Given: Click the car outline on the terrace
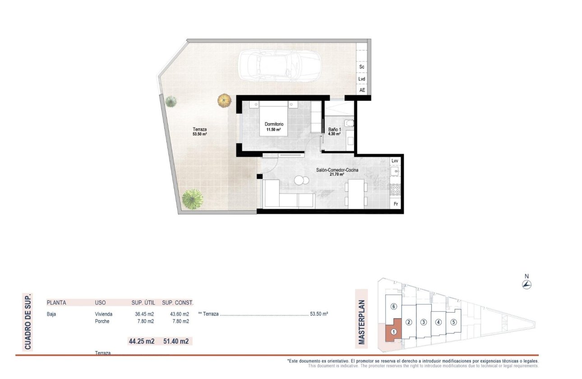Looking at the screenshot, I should [x=279, y=65].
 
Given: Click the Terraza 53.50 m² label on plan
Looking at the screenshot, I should [x=199, y=131].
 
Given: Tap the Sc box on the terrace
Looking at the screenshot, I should [x=362, y=67].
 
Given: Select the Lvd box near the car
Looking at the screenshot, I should [x=362, y=79].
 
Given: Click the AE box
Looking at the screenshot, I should [x=362, y=90].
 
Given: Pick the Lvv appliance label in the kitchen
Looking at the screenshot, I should [x=395, y=161].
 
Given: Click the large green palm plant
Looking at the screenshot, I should [x=193, y=199].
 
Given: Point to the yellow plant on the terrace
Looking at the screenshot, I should [x=224, y=100].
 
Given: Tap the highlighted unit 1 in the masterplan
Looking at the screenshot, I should [x=393, y=332].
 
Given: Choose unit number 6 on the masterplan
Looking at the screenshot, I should [x=393, y=307].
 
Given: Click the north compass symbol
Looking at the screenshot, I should [x=527, y=284].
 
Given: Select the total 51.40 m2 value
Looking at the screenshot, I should [x=177, y=342].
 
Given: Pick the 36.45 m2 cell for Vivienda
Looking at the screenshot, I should [x=145, y=314].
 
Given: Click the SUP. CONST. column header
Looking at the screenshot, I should [x=177, y=303].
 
